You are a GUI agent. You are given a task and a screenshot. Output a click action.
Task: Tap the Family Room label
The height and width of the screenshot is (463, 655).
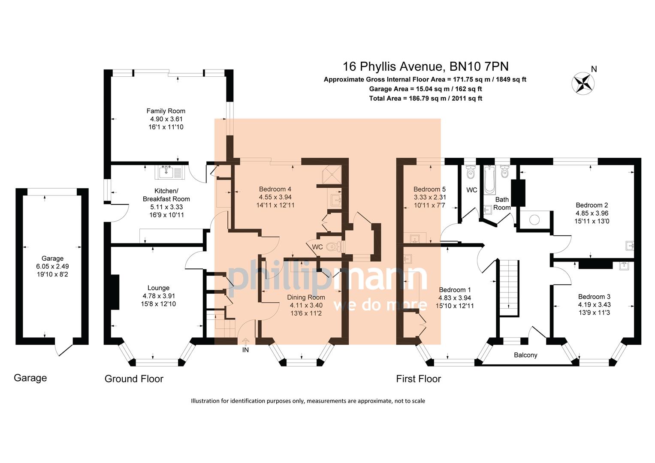[x=166, y=111]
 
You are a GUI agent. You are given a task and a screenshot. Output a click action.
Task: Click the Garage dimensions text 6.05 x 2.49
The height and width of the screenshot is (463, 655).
[x=52, y=266]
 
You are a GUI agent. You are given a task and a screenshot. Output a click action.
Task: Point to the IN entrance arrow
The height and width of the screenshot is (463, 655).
[x=245, y=342]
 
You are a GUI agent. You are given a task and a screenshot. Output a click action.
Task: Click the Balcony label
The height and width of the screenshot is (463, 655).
[x=525, y=355]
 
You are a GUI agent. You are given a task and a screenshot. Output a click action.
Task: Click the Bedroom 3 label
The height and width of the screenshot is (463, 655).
[x=594, y=297]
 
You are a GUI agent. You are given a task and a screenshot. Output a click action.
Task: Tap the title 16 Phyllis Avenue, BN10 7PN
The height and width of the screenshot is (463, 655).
[x=425, y=66]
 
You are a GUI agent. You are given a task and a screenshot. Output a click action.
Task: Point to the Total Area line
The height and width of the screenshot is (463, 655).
[x=425, y=98]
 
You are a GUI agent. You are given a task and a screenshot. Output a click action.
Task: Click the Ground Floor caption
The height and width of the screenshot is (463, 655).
[x=134, y=379]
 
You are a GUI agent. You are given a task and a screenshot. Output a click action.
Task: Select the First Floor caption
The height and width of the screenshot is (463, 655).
[x=418, y=379]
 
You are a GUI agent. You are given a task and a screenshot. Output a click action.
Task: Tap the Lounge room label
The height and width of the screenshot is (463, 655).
[x=158, y=288]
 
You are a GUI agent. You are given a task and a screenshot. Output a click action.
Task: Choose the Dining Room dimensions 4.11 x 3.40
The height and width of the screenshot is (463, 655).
[x=306, y=305]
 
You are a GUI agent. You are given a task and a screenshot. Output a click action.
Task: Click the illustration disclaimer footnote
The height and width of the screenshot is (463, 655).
[x=308, y=401]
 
